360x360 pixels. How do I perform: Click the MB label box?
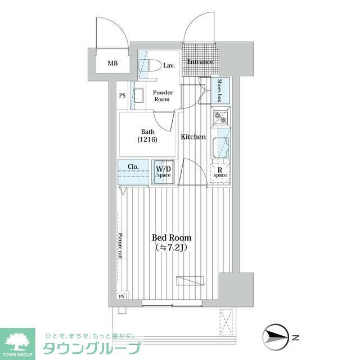(113, 63)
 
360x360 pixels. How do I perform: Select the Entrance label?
(200, 61)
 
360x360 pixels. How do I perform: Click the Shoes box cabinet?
(222, 89)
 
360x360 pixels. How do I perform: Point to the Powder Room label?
(163, 96)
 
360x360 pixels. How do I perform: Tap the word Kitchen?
(193, 137)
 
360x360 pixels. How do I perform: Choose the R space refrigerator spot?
(220, 172)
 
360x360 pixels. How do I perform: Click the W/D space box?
(163, 172)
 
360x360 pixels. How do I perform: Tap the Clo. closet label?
(133, 166)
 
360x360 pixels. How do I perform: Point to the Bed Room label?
(172, 237)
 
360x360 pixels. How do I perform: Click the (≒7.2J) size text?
(172, 247)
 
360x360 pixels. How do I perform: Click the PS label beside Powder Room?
(122, 96)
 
